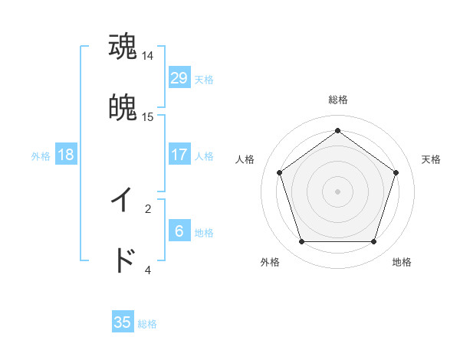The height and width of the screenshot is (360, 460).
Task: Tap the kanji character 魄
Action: [x=123, y=108]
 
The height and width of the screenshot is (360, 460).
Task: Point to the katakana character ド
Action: [x=123, y=260]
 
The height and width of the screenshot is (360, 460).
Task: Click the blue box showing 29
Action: [x=179, y=78]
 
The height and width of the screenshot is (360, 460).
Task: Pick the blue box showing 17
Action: [x=179, y=155]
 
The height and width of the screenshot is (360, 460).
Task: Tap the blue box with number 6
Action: [x=179, y=231]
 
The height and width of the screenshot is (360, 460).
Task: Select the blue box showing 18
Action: [x=66, y=155]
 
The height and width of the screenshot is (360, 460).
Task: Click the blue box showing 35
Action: [x=123, y=322]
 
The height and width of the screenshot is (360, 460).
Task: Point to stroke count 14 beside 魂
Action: [x=148, y=56]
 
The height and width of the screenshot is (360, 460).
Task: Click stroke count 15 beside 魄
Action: [x=148, y=117]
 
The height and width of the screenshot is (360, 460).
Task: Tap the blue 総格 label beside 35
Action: [x=147, y=324]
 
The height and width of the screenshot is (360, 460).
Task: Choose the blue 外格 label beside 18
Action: [x=41, y=156]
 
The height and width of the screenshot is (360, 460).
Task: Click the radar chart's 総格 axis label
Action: [x=337, y=100]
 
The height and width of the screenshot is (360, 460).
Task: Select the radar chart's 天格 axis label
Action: [x=432, y=159]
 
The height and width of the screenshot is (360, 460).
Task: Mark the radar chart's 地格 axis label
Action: [x=402, y=262]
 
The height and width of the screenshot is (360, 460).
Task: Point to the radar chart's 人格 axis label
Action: [x=245, y=159]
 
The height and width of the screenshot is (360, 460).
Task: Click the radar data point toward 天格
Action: [x=396, y=172]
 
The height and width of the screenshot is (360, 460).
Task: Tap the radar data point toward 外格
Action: [x=301, y=242]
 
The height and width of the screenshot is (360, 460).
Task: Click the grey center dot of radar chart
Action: [x=337, y=191]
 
